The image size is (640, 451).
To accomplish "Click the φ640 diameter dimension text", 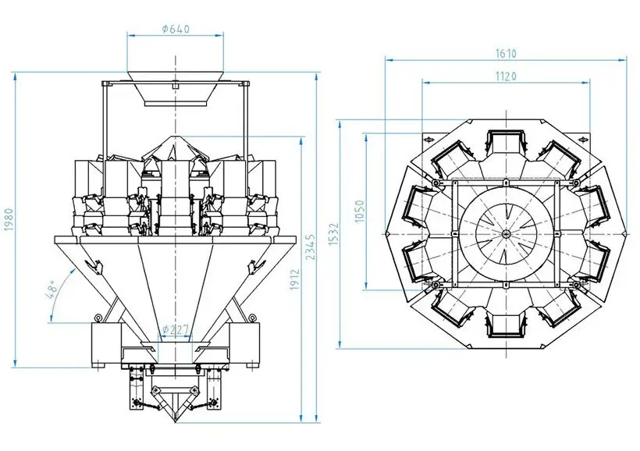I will [176, 30].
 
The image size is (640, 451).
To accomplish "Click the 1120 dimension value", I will [505, 75].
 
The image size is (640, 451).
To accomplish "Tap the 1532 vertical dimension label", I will [332, 234].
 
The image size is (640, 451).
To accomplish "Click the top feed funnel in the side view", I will [176, 92].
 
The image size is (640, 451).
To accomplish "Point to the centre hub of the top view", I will [505, 234].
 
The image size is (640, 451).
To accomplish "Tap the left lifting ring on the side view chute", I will [98, 317].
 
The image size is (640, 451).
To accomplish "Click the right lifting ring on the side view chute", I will [254, 317].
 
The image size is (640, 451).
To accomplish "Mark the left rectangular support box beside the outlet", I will [106, 346].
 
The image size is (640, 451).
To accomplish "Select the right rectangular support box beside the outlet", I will [246, 346].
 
